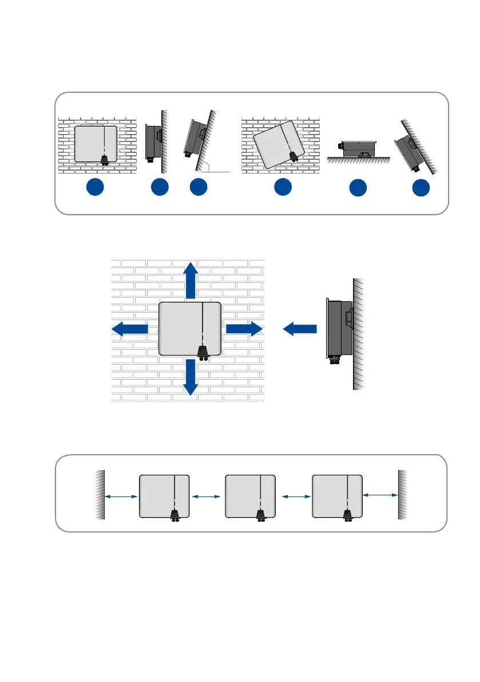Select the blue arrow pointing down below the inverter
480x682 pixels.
tap(190, 377)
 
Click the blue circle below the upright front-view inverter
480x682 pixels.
tap(96, 188)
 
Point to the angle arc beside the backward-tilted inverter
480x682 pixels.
tap(211, 166)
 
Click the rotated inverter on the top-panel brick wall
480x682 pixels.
tap(280, 144)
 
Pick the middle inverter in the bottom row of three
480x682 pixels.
tap(251, 496)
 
